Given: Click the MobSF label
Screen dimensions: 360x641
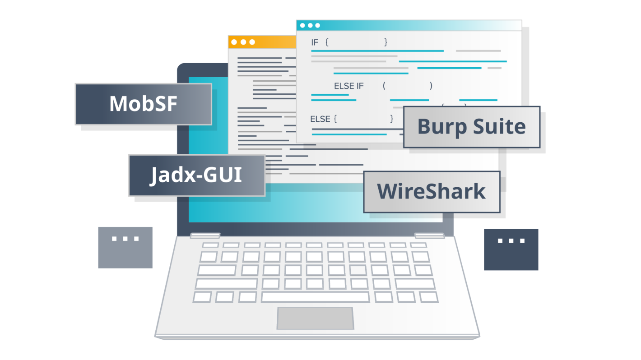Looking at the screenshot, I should (143, 104).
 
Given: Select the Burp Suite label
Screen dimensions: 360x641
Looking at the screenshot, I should (471, 127).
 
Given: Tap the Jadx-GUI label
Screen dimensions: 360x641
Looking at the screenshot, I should (196, 175).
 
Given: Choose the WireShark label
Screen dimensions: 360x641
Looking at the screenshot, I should (432, 191).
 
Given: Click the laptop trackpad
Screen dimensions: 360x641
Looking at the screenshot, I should (315, 318).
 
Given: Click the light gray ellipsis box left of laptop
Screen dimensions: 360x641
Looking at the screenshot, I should (125, 248).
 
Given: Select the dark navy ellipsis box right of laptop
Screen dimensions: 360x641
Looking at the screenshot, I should (511, 249).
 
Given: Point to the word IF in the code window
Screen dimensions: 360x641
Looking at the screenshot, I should (315, 42).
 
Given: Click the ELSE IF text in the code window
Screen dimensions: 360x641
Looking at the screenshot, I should (348, 86).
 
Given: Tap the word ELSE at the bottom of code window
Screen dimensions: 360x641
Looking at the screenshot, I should (320, 119).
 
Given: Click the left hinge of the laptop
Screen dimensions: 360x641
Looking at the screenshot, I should (205, 235).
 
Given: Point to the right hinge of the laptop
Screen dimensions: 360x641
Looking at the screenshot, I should (429, 235).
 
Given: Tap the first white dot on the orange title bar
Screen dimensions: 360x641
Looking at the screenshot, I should (234, 42).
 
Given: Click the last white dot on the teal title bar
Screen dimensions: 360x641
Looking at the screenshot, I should (317, 25).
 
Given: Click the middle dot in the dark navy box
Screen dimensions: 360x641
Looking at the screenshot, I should (511, 241).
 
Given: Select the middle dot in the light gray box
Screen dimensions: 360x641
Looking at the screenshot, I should (125, 239).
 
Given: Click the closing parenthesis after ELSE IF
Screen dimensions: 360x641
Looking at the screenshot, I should (431, 86).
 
